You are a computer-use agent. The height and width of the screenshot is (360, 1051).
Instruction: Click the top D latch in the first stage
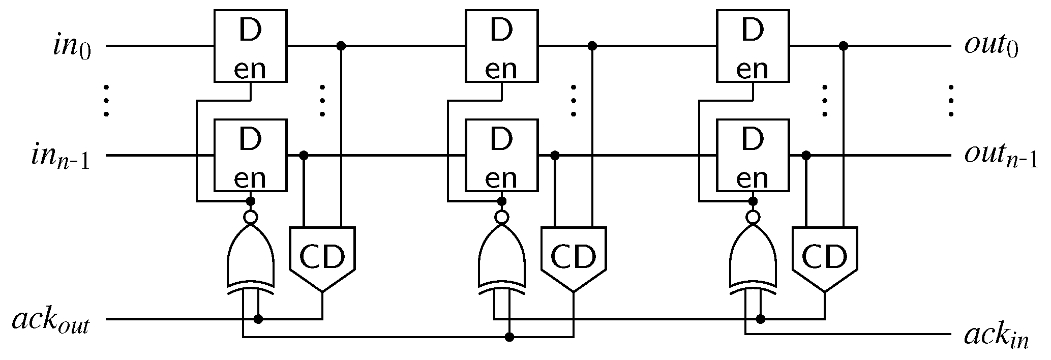pyautogui.click(x=250, y=46)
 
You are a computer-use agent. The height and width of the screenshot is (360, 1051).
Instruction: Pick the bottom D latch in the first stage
pyautogui.click(x=250, y=156)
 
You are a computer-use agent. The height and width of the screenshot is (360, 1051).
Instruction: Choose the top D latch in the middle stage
pyautogui.click(x=501, y=46)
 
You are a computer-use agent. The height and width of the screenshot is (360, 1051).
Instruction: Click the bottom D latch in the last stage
pyautogui.click(x=752, y=156)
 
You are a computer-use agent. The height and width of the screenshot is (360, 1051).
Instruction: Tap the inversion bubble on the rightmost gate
pyautogui.click(x=753, y=218)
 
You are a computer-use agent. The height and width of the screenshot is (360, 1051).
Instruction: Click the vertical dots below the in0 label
pyautogui.click(x=106, y=101)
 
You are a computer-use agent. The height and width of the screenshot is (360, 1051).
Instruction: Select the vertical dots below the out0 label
pyautogui.click(x=950, y=101)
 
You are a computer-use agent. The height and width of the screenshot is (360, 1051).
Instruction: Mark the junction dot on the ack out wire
pyautogui.click(x=258, y=319)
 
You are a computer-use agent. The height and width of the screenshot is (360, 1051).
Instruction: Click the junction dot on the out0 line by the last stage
pyautogui.click(x=843, y=46)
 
